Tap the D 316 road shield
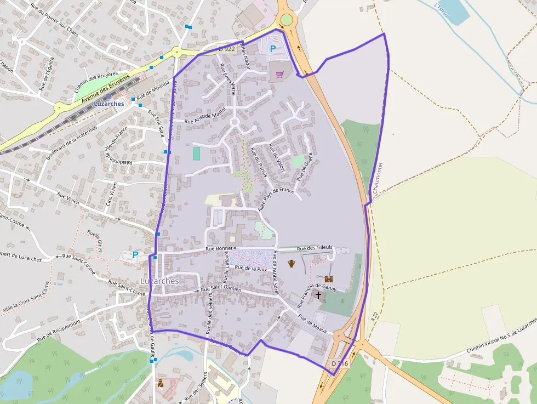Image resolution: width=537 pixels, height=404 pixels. pyautogui.click(x=339, y=363)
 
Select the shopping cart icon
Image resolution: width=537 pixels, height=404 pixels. pyautogui.click(x=280, y=75)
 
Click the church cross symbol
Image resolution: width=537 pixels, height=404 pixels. pyautogui.click(x=318, y=295)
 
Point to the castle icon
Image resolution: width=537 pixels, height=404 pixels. pyautogui.click(x=329, y=279)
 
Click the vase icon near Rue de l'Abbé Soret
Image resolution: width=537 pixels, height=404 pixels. pyautogui.click(x=292, y=263)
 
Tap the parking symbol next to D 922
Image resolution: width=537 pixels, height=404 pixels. pyautogui.click(x=273, y=49)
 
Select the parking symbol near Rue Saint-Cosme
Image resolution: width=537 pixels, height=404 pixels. pyautogui.click(x=135, y=255)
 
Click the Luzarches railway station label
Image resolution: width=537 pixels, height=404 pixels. pyautogui.click(x=109, y=104)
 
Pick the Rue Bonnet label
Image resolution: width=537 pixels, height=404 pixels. pyautogui.click(x=219, y=248)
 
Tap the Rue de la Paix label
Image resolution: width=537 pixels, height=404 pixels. pyautogui.click(x=250, y=268)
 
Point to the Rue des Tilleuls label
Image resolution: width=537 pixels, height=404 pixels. pyautogui.click(x=315, y=248)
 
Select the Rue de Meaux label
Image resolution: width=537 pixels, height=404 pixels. pyautogui.click(x=312, y=323)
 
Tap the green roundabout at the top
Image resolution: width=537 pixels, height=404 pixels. pyautogui.click(x=286, y=20)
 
